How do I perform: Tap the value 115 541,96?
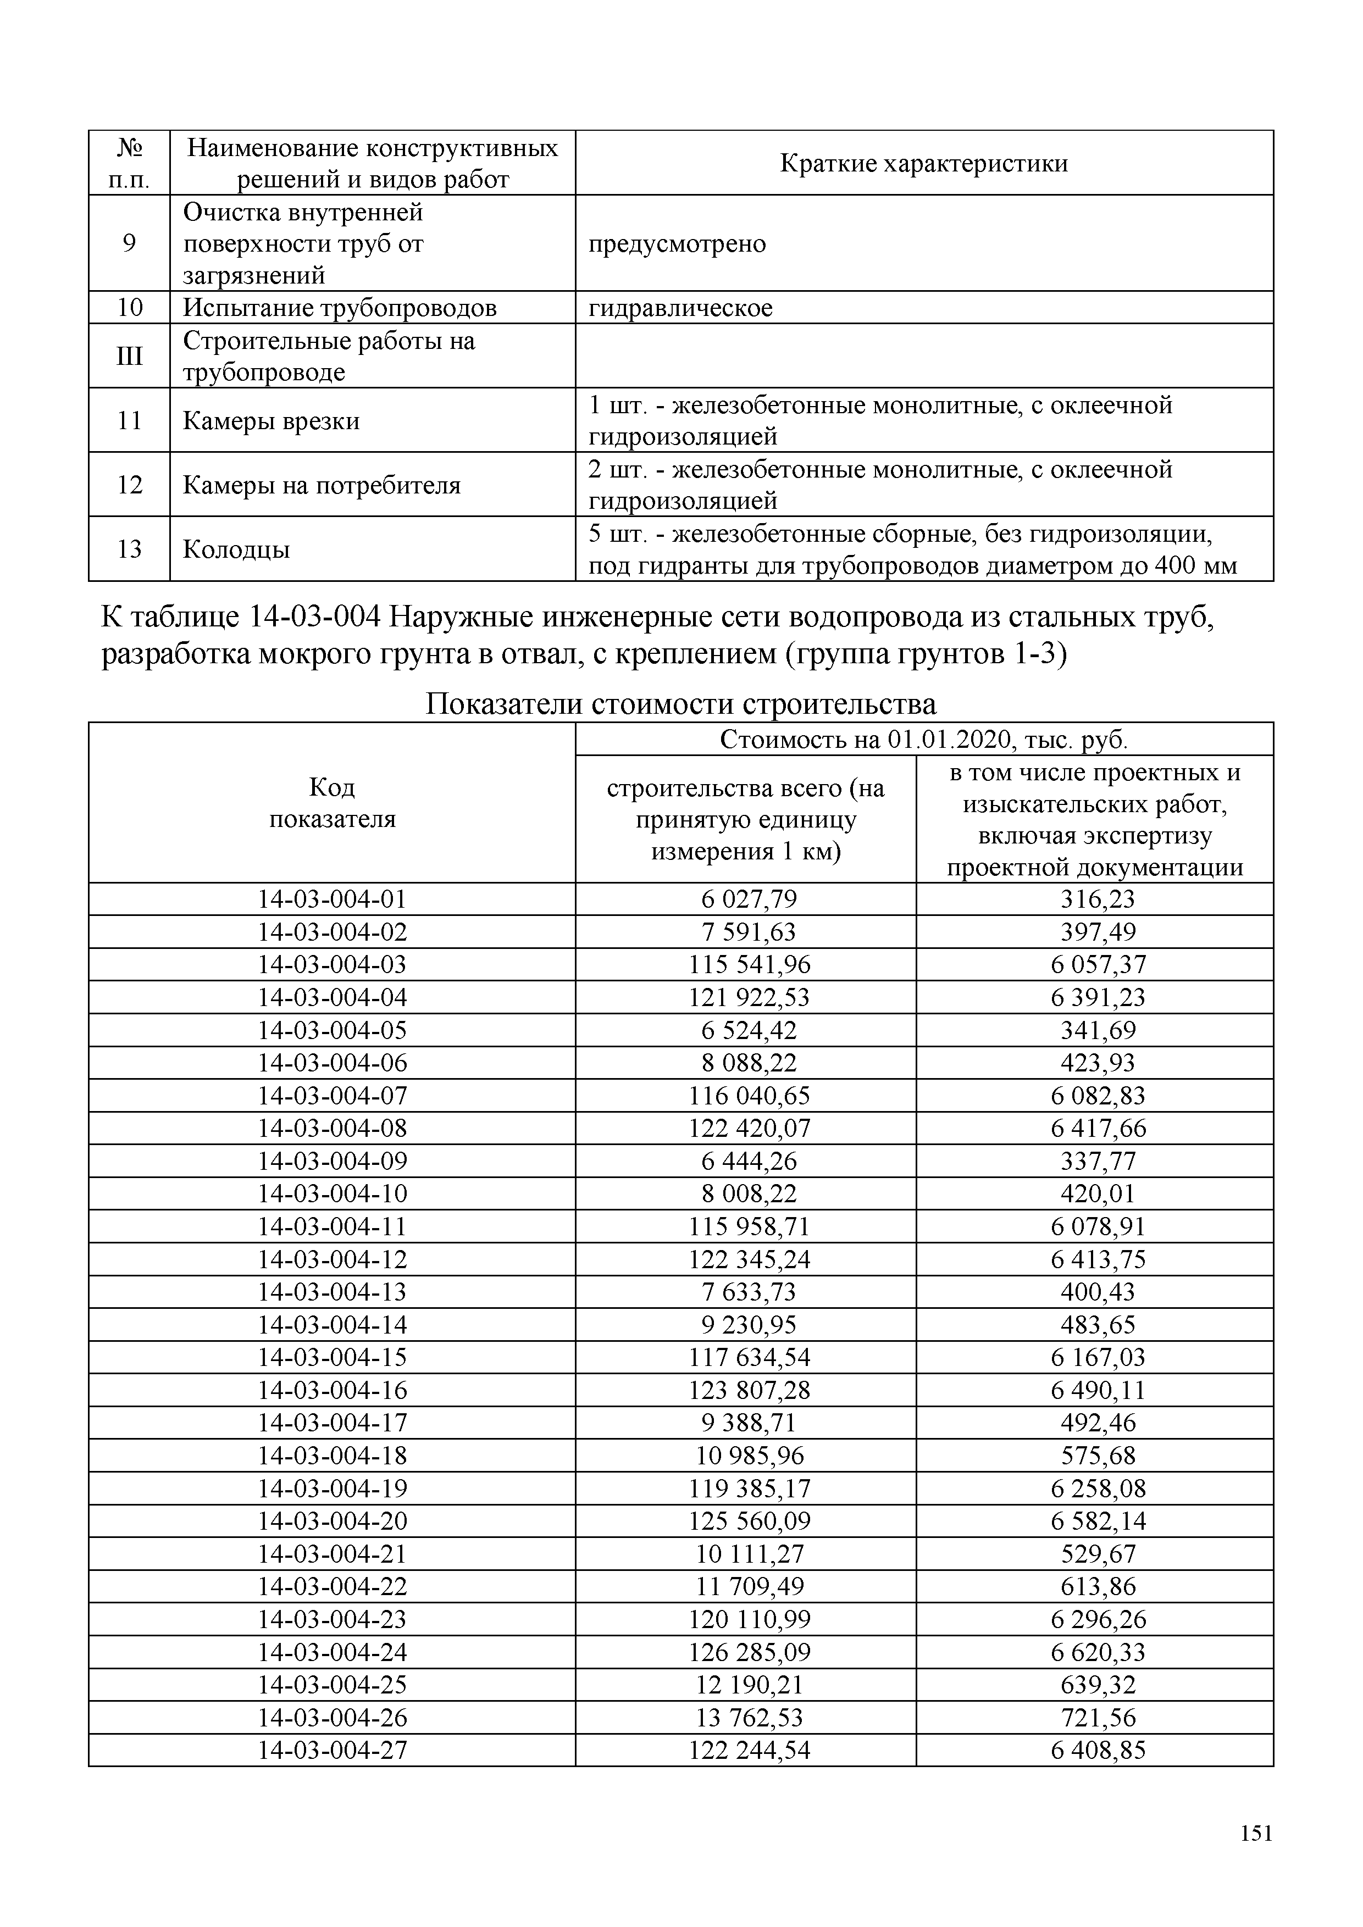(x=750, y=964)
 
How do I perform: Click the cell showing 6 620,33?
(x=1097, y=1652)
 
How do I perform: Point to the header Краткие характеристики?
(x=923, y=163)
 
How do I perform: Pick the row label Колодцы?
(x=237, y=549)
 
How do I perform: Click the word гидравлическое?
(x=680, y=308)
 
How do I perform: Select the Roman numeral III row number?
(x=129, y=356)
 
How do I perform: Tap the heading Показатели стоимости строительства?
(x=680, y=703)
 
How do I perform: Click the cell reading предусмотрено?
(x=677, y=244)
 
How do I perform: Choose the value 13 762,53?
(x=750, y=1717)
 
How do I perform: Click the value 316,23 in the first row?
(x=1097, y=899)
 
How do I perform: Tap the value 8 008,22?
(x=750, y=1193)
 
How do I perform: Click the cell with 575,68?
(x=1097, y=1456)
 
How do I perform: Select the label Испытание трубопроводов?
(x=339, y=308)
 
